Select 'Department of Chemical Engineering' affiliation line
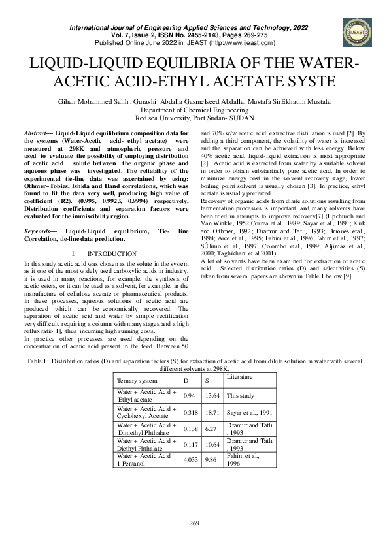(194, 110)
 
